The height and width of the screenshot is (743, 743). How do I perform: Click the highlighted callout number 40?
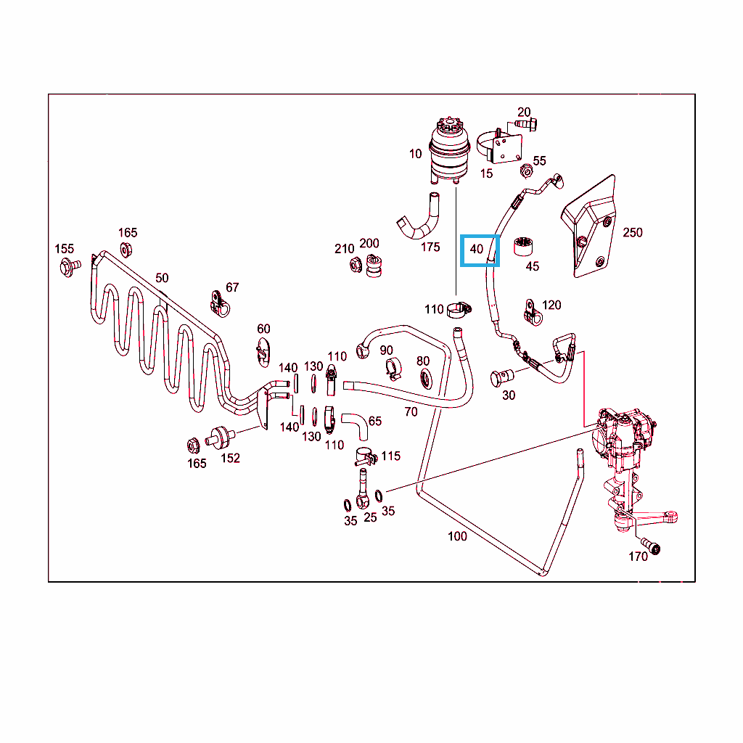pos(477,250)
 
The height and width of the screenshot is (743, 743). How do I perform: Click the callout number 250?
pos(632,233)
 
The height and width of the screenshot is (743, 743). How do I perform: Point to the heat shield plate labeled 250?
pos(589,229)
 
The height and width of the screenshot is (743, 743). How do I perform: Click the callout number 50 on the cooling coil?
pos(162,278)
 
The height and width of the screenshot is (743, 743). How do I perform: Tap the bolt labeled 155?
pos(66,266)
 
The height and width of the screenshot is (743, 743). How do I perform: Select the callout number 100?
pos(457,536)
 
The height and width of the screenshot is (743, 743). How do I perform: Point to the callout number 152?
pos(230,458)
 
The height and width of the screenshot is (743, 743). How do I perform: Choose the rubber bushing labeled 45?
pos(523,246)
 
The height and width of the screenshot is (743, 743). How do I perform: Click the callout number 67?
pos(232,287)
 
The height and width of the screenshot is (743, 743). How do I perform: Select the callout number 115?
pos(390,456)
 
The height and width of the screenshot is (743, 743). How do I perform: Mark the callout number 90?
pos(386,351)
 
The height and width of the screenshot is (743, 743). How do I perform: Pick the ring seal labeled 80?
pos(424,377)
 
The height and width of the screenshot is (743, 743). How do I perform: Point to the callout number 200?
pos(369,243)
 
